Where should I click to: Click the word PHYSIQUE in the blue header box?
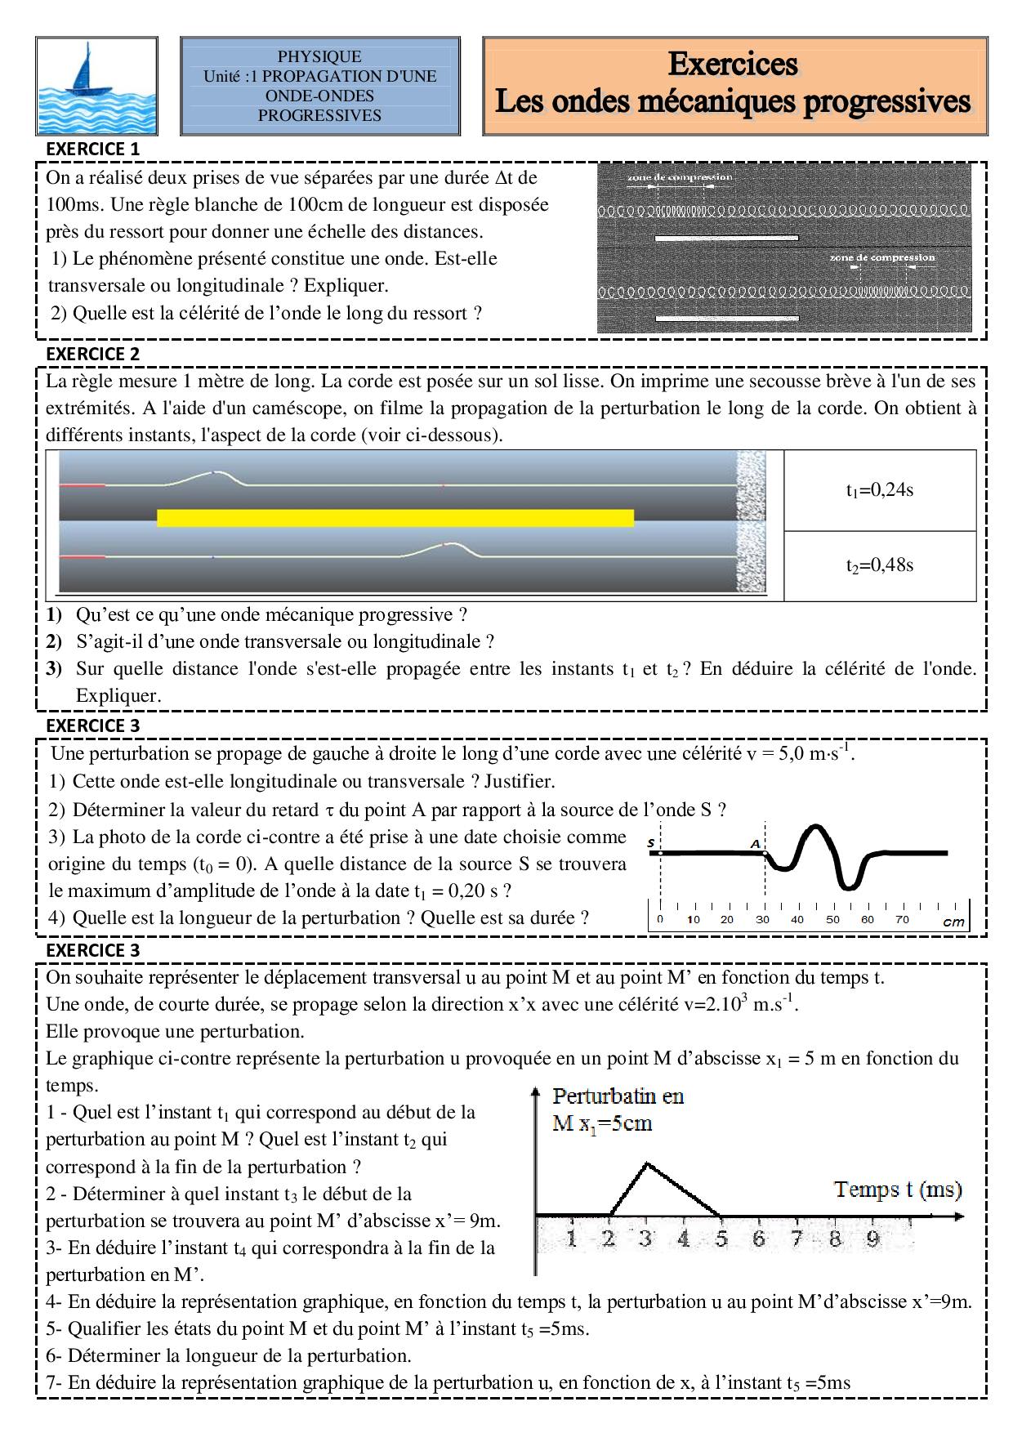[319, 56]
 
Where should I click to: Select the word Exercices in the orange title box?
[733, 64]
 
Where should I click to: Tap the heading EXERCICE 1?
[93, 149]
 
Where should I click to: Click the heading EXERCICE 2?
[93, 354]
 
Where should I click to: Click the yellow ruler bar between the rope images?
[395, 517]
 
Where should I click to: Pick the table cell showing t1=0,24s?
[879, 490]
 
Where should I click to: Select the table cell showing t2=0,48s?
[879, 565]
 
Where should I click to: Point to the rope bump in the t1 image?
[214, 475]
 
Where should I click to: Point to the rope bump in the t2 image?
[445, 548]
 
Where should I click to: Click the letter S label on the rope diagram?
[651, 841]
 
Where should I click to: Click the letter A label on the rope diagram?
[756, 842]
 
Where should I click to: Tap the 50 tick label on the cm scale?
[832, 919]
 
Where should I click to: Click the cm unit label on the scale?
[953, 922]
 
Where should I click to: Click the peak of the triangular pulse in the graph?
[647, 1163]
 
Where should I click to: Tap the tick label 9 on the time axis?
[872, 1239]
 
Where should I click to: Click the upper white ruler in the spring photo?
[725, 239]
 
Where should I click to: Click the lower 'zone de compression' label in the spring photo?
[881, 257]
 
